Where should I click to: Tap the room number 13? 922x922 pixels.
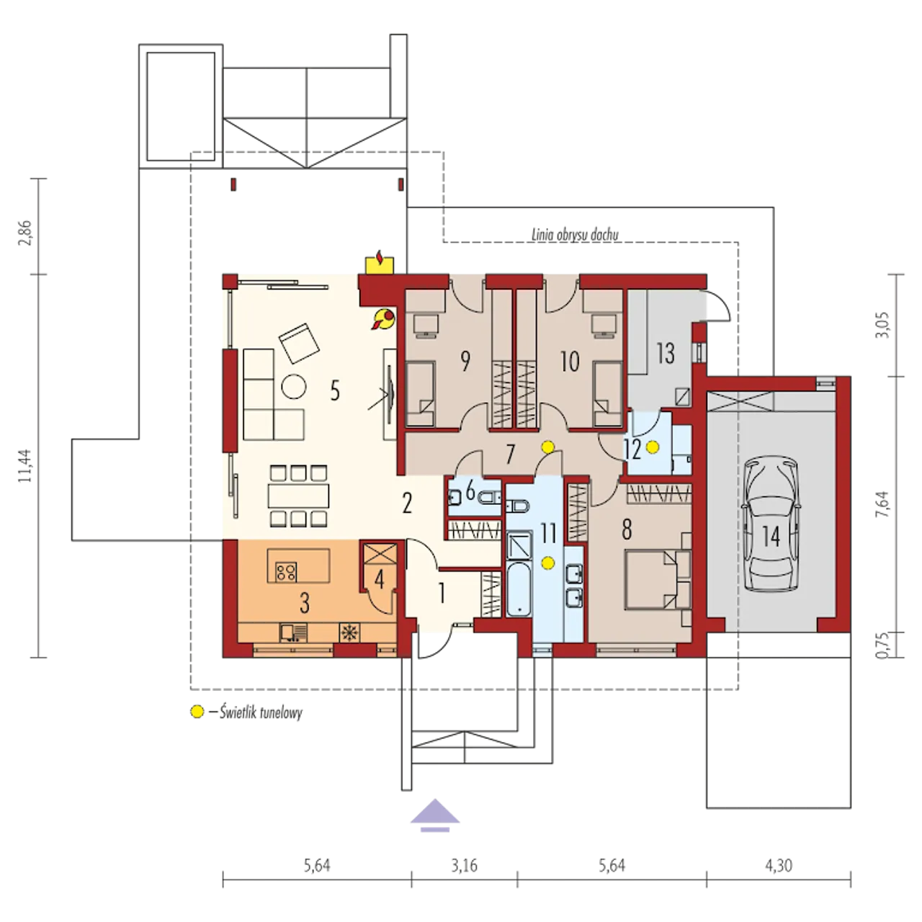(666, 354)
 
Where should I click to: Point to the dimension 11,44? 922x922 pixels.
(25, 465)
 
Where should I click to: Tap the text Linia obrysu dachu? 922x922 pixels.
(575, 234)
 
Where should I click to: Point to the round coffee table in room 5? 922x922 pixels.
(293, 385)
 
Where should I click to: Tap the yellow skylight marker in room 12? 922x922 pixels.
(652, 447)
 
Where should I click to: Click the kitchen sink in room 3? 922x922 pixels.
(293, 632)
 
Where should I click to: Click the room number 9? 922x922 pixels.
(464, 362)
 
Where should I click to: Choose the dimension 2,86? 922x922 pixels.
(25, 233)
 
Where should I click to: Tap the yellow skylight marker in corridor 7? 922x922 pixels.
(547, 447)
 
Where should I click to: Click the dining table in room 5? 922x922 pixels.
(298, 496)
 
